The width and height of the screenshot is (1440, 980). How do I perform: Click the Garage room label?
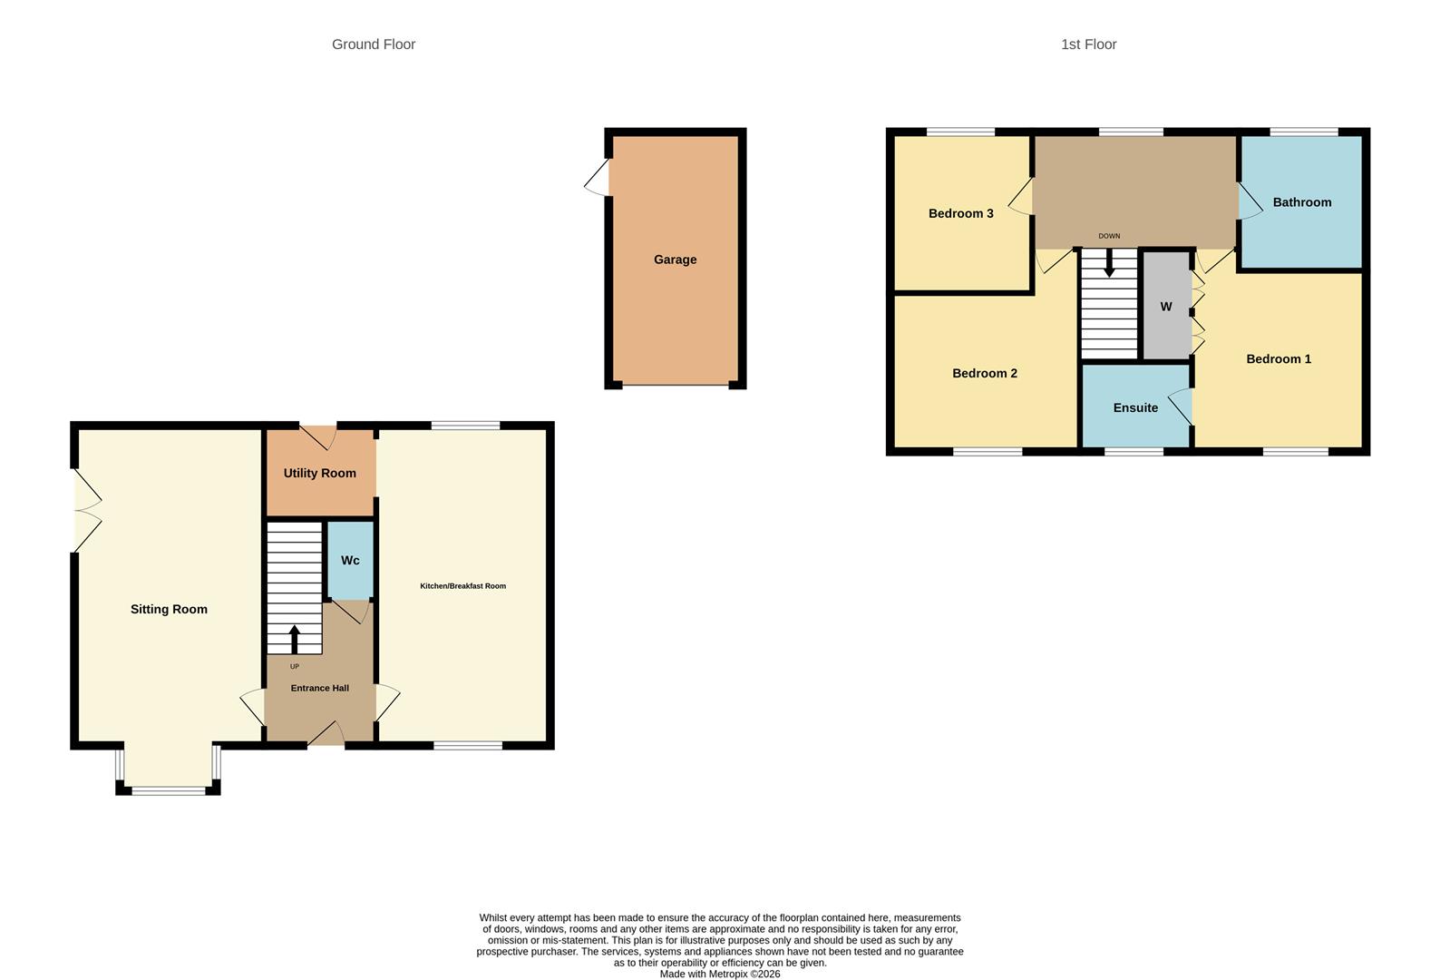(x=675, y=260)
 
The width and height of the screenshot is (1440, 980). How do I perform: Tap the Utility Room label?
(x=319, y=473)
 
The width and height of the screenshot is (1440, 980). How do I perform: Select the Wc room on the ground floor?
(x=350, y=560)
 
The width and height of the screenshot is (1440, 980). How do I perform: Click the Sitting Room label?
(x=169, y=609)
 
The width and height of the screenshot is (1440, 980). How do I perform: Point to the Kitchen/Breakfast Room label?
(x=462, y=586)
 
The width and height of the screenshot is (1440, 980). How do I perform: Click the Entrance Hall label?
(x=319, y=688)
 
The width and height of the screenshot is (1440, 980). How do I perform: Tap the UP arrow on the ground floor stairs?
(x=294, y=639)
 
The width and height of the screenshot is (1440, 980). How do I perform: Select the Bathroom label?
(x=1301, y=202)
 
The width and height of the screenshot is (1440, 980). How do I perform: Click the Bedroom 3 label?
(x=960, y=213)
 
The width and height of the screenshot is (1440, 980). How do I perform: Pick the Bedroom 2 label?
(x=984, y=373)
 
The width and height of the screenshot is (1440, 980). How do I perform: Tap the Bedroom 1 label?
(x=1278, y=358)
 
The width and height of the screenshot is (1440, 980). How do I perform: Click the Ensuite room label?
(x=1135, y=407)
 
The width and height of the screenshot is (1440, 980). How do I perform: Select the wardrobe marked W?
(x=1165, y=307)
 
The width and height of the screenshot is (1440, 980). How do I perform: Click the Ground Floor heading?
(x=373, y=44)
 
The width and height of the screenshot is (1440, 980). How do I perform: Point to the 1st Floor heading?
(x=1088, y=44)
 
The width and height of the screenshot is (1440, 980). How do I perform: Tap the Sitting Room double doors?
(x=86, y=510)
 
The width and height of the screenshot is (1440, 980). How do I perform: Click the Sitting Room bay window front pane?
(x=169, y=790)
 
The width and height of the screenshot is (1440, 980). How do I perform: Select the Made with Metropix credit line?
(x=719, y=974)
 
